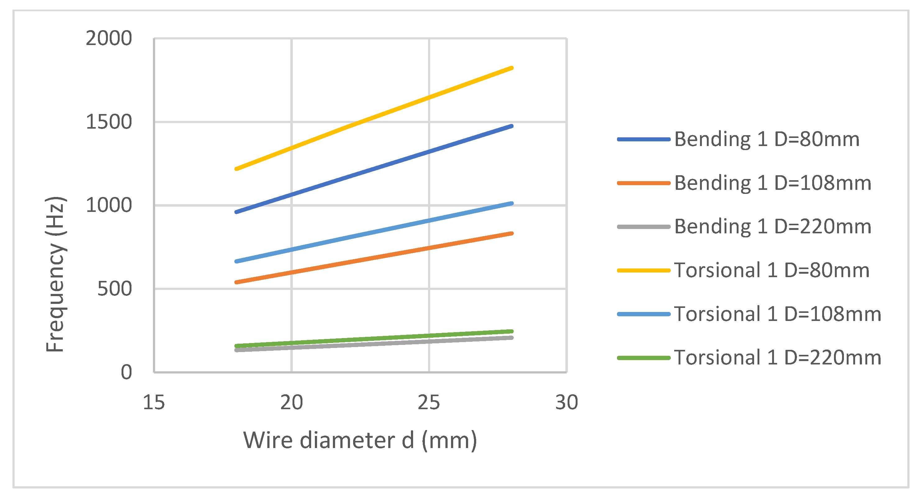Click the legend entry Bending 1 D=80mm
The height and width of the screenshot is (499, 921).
pyautogui.click(x=767, y=139)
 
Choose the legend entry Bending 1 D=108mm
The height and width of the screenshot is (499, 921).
pyautogui.click(x=772, y=183)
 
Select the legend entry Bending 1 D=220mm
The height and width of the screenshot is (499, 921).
pyautogui.click(x=772, y=227)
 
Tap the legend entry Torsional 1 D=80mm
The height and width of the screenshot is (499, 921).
pyautogui.click(x=771, y=270)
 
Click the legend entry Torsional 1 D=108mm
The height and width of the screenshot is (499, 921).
pyautogui.click(x=777, y=314)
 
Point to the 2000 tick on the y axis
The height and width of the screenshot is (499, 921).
pyautogui.click(x=109, y=38)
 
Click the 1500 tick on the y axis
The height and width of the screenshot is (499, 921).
pyautogui.click(x=109, y=122)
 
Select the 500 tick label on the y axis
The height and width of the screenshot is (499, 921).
pyautogui.click(x=114, y=289)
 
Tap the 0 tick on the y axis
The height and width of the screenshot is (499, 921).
pyautogui.click(x=126, y=373)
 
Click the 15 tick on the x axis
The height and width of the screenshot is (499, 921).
pyautogui.click(x=154, y=402)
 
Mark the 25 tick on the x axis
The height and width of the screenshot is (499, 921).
pyautogui.click(x=429, y=402)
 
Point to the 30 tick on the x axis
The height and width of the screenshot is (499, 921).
pyautogui.click(x=566, y=402)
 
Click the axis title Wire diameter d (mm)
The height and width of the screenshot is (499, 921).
pyautogui.click(x=360, y=440)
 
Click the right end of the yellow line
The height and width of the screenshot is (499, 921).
pyautogui.click(x=512, y=68)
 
